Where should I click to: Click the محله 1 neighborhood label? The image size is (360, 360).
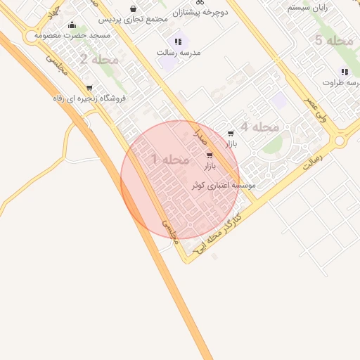(169, 160)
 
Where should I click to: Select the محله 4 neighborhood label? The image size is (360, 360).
(259, 127)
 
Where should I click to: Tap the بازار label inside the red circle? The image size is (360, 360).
(210, 167)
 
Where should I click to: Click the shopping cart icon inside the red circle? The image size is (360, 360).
(210, 155)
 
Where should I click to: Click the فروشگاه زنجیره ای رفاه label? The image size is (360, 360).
(89, 98)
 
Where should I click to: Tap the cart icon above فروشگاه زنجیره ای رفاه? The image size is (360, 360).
(89, 87)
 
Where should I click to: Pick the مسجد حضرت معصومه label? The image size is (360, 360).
(73, 34)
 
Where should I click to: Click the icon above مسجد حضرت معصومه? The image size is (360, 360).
(72, 25)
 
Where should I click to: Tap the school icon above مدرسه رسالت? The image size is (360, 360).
(178, 42)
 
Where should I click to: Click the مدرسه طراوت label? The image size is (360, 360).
(341, 82)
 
